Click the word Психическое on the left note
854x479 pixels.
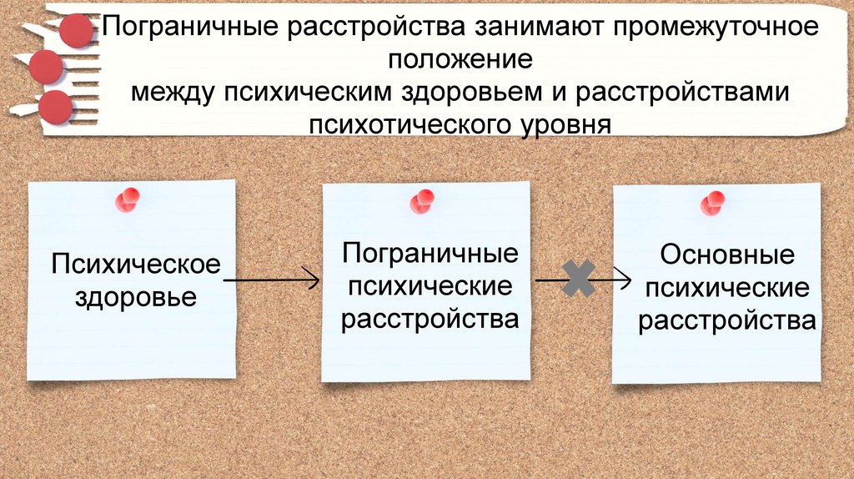pyautogui.click(x=136, y=265)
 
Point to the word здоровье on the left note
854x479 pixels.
pyautogui.click(x=136, y=296)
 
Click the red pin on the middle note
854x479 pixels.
pyautogui.click(x=422, y=201)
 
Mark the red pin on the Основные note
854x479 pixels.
pyautogui.click(x=713, y=202)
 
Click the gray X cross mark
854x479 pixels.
pyautogui.click(x=578, y=279)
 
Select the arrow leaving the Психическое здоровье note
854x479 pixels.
pyautogui.click(x=271, y=280)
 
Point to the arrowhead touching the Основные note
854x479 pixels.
pyautogui.click(x=625, y=280)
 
